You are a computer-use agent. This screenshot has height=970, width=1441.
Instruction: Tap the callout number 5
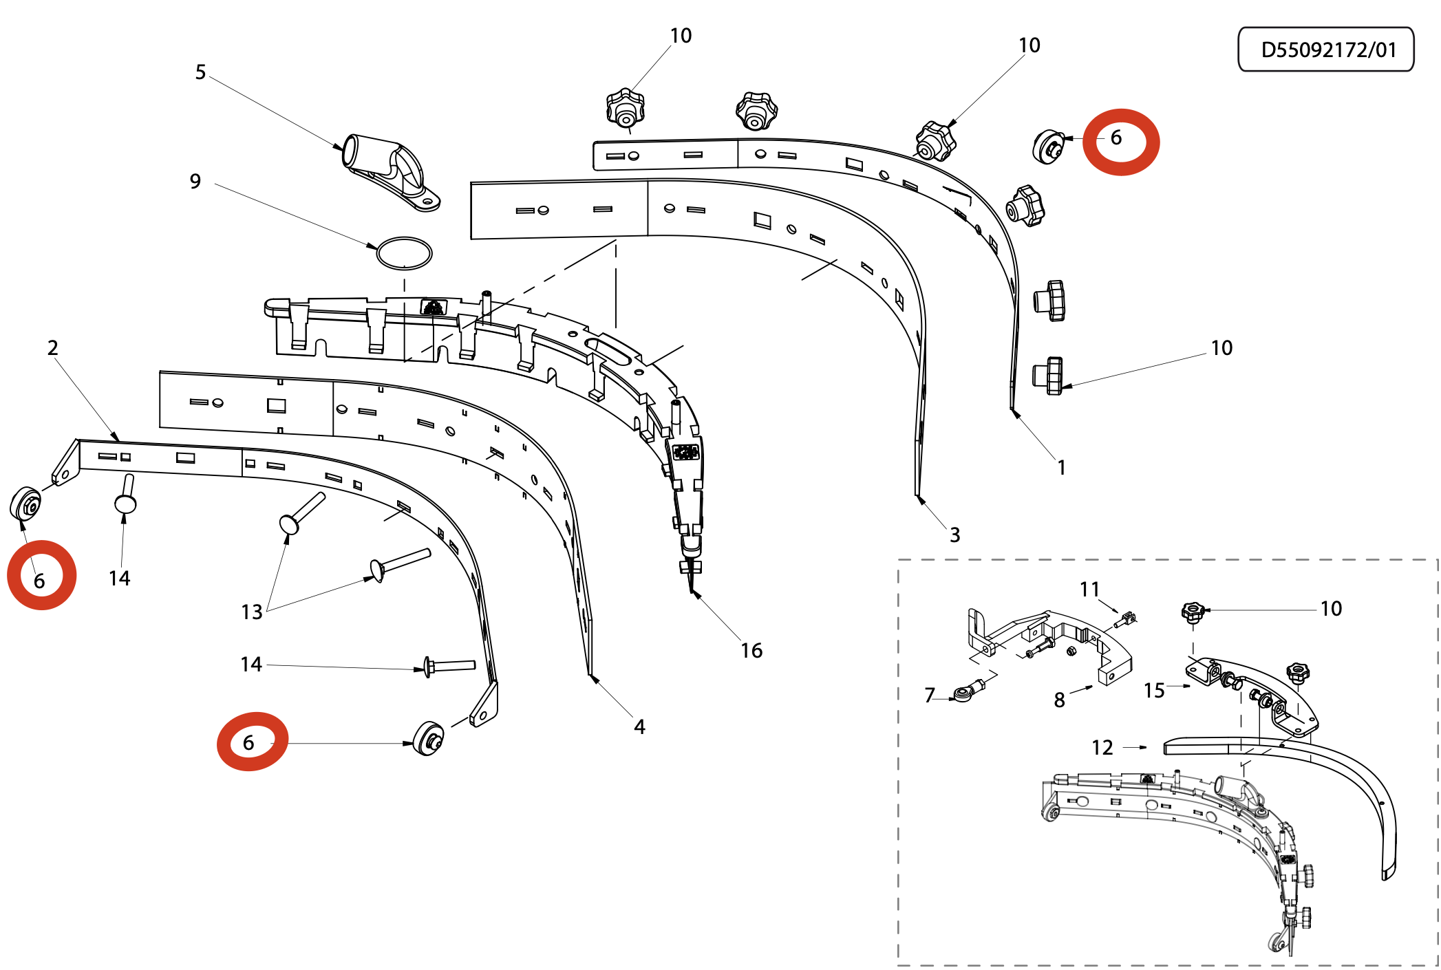point(200,72)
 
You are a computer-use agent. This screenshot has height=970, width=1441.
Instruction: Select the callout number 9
point(195,182)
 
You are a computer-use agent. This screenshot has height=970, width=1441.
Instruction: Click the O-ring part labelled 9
point(404,254)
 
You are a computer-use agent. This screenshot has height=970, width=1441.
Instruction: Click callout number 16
point(751,651)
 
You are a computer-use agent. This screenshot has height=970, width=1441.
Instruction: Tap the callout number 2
point(53,348)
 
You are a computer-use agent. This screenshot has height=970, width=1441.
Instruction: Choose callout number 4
point(639,727)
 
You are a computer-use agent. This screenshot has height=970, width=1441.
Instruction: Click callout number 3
point(954,535)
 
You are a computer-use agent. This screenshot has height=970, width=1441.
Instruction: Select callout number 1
point(1061,468)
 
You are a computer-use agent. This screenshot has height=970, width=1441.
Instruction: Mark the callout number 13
point(252,612)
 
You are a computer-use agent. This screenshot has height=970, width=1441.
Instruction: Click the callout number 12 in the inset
point(1102,748)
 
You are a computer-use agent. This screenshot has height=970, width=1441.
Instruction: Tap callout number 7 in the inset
point(930,696)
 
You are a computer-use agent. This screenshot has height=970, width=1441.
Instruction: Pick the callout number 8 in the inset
point(1059,700)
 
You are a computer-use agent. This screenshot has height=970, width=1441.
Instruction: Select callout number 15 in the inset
point(1154,691)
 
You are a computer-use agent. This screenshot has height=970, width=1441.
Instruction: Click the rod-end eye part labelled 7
point(965,693)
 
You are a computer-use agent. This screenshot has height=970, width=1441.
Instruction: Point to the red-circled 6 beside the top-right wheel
point(1116,138)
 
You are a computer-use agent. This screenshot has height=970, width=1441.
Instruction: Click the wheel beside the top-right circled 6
point(1047,146)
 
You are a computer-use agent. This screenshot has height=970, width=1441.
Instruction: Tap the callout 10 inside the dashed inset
point(1331,609)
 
